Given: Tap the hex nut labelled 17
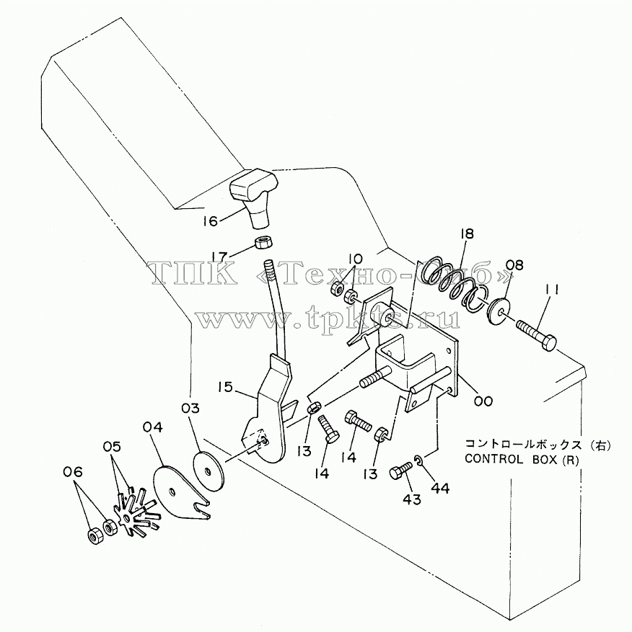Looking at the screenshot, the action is pos(264,243).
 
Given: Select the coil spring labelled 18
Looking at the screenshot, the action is pos(453,285).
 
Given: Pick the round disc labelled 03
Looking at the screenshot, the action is pos(209,471).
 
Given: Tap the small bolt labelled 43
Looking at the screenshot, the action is pos(401,471).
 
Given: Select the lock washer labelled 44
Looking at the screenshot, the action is pos(418,460).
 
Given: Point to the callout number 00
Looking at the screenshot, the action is pos(483,401).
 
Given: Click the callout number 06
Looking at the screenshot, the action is pos(73,471).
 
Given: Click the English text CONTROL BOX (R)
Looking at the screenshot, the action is pos(522,460).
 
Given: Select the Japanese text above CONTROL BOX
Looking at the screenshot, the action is pos(538,445).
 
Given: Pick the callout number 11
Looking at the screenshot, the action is pos(552,290).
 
